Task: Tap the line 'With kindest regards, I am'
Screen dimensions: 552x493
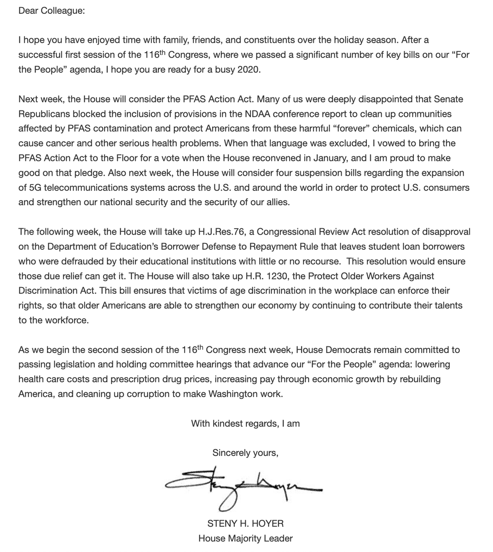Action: pos(245,424)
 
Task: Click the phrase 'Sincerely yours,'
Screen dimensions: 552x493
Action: pos(245,453)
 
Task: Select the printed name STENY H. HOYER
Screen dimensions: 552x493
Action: pos(245,523)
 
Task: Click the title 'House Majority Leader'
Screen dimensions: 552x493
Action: pos(245,538)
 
